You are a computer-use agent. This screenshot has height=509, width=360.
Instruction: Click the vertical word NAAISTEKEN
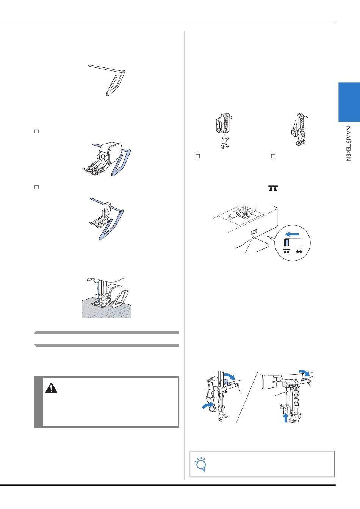[x=348, y=144]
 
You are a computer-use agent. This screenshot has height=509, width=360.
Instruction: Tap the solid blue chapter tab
[x=349, y=102]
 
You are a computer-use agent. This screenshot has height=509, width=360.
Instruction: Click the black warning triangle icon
[x=51, y=388]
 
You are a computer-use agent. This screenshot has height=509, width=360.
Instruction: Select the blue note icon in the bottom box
[x=200, y=464]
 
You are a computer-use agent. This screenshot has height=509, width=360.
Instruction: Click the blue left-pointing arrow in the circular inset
[x=292, y=234]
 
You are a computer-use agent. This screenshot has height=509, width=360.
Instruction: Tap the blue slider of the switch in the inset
[x=287, y=243]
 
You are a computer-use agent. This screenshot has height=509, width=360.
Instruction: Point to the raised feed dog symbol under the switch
[x=286, y=251]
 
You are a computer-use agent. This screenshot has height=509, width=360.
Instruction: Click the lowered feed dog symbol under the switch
[x=299, y=252]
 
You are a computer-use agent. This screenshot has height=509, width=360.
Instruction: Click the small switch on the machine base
[x=253, y=232]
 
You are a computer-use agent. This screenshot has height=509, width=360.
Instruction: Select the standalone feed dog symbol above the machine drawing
[x=273, y=188]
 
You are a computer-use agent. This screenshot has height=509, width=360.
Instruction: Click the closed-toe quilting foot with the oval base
[x=299, y=129]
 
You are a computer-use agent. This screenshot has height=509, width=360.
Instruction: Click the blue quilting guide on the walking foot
[x=121, y=163]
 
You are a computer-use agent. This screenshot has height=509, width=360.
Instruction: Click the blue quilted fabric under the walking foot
[x=106, y=309]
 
